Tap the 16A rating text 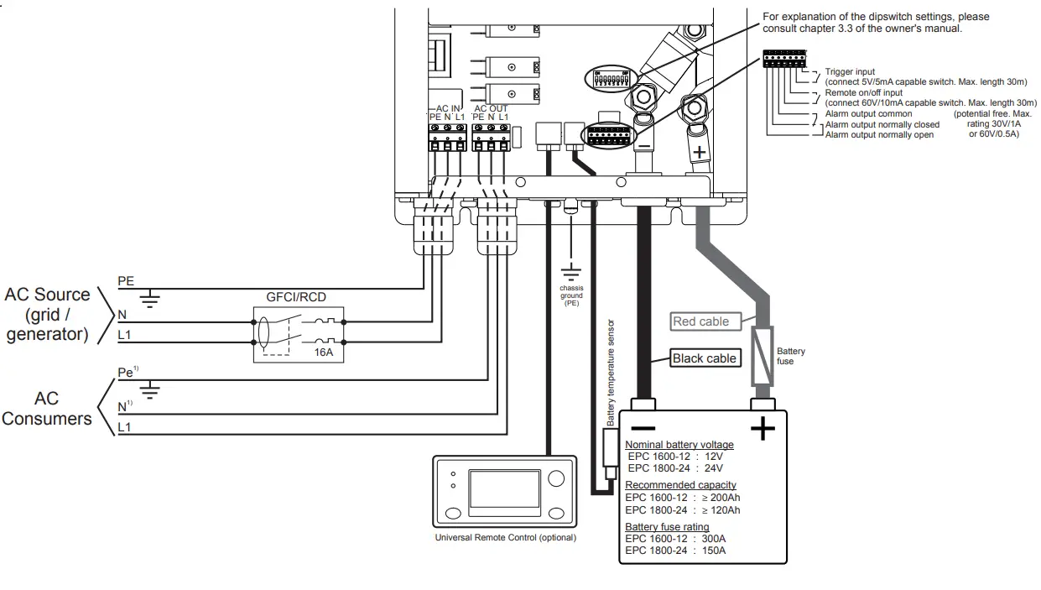click(324, 352)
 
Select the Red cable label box click(701, 321)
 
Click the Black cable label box click(705, 358)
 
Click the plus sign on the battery click(762, 430)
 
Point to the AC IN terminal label click(448, 109)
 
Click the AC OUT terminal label click(491, 109)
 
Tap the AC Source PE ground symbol click(150, 296)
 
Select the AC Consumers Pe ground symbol click(150, 389)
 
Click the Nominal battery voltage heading click(679, 445)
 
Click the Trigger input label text click(850, 72)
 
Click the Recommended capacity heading click(680, 485)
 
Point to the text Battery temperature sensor click(611, 373)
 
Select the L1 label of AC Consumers click(124, 428)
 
